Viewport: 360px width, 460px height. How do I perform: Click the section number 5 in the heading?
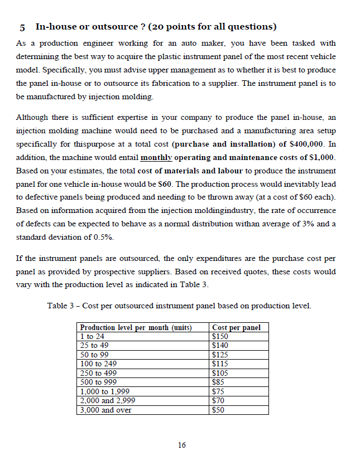click(x=21, y=27)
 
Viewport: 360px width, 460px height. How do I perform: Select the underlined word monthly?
click(x=156, y=158)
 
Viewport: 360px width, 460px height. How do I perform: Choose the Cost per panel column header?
click(x=236, y=327)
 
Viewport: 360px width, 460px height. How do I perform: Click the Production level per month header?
click(x=136, y=327)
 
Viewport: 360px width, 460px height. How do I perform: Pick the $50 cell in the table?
click(x=218, y=410)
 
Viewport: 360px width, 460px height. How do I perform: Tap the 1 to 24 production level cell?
click(x=92, y=336)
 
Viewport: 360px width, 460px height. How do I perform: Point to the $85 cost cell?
click(x=218, y=382)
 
